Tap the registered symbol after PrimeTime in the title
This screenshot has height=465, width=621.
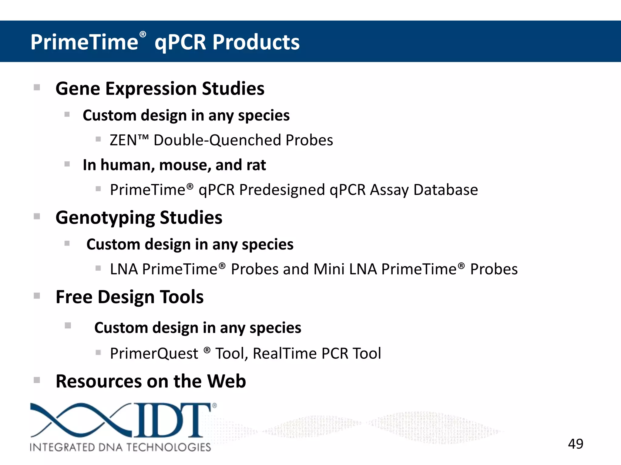point(143,35)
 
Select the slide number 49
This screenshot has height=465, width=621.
point(576,444)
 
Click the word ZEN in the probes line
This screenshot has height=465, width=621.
point(123,140)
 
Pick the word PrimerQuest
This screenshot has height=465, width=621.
point(154,353)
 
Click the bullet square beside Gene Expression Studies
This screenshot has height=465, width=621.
point(37,87)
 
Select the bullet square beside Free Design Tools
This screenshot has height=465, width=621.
point(37,296)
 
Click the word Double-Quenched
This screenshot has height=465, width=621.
point(217,140)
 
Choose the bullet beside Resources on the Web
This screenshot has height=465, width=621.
point(37,380)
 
